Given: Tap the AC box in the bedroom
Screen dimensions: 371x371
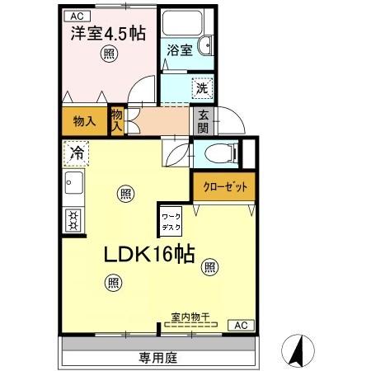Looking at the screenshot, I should tap(76, 16).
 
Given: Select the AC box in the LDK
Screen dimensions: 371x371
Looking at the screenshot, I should tap(241, 326).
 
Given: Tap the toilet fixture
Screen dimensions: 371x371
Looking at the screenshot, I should tap(218, 153).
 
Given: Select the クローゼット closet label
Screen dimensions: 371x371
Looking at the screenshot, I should tap(224, 187).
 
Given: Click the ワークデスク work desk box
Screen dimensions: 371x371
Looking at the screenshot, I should tap(171, 220).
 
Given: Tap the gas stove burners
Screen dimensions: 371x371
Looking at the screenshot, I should tap(73, 220).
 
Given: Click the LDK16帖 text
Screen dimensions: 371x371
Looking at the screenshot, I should tap(148, 255).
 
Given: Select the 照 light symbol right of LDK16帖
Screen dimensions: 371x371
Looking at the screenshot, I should tap(210, 266).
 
